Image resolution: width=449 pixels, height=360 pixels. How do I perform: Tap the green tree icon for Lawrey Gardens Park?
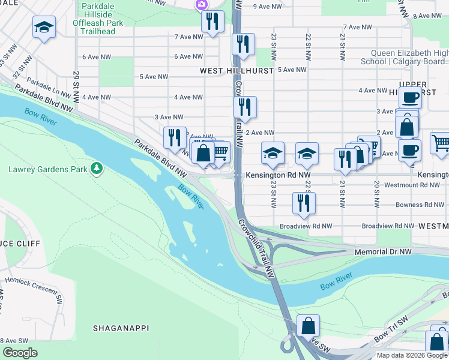pyautogui.click(x=95, y=168)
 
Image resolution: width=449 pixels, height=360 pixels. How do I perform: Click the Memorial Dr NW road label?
pyautogui.click(x=383, y=253)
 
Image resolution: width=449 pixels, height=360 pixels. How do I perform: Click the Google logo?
pyautogui.click(x=20, y=352)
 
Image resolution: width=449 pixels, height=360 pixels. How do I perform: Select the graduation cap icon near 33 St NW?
pyautogui.click(x=44, y=28)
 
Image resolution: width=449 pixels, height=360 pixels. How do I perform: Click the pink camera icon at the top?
pyautogui.click(x=200, y=5)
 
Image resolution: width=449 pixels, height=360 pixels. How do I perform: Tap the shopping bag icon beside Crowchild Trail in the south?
pyautogui.click(x=308, y=326)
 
